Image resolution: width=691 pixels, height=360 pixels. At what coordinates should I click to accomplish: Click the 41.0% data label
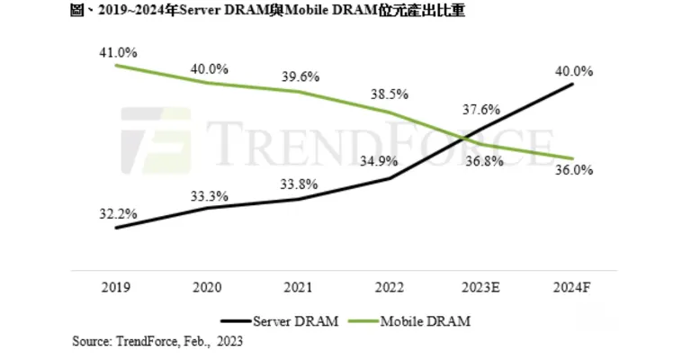pos(119,52)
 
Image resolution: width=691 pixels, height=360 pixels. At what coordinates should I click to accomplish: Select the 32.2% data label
pos(119,213)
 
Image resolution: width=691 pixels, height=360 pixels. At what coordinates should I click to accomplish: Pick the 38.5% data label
pos(391,93)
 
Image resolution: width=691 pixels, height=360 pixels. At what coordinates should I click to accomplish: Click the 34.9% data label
pos(390,163)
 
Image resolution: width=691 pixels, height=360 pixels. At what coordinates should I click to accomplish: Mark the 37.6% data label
pos(480,110)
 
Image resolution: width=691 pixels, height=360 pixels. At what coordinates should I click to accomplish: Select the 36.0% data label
pos(573,170)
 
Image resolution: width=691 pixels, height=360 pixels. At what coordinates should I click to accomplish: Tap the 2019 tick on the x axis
pos(117,287)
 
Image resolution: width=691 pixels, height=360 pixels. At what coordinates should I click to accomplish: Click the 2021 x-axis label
pos(299,287)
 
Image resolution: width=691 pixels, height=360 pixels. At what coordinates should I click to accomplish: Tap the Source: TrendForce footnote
pos(157,341)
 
